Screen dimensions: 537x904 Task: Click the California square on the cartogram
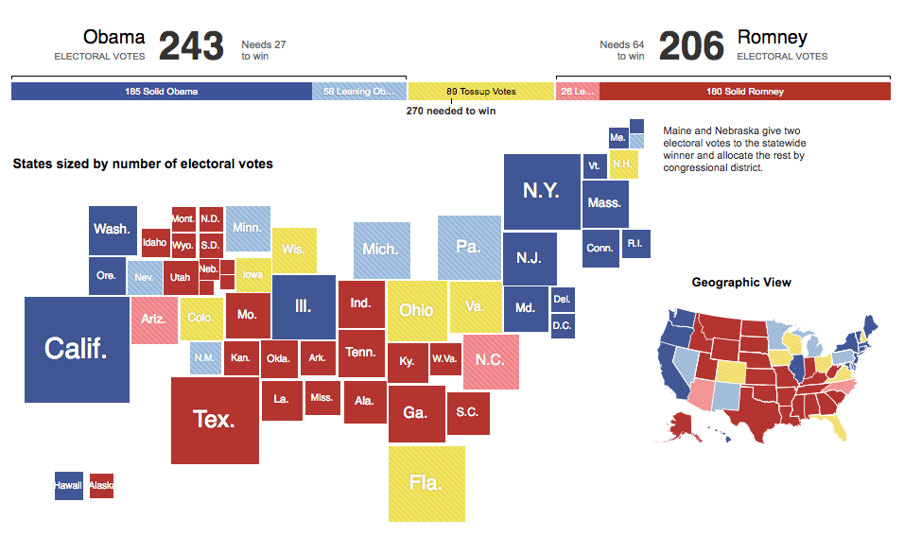pyautogui.click(x=77, y=349)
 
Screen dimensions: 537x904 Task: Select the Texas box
pyautogui.click(x=214, y=419)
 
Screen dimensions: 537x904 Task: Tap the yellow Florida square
pyautogui.click(x=426, y=482)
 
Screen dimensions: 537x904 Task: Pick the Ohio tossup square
pyautogui.click(x=416, y=310)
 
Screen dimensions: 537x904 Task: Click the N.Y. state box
pyautogui.click(x=541, y=190)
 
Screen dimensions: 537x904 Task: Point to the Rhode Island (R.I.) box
pyautogui.click(x=634, y=244)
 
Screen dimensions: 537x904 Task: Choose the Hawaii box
pyautogui.click(x=68, y=486)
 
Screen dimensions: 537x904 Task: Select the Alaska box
pyautogui.click(x=101, y=486)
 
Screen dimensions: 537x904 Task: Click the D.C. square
pyautogui.click(x=563, y=326)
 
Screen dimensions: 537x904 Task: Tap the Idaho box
pyautogui.click(x=155, y=243)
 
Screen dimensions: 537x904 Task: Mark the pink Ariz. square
pyautogui.click(x=153, y=319)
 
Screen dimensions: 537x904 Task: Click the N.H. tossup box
pyautogui.click(x=622, y=165)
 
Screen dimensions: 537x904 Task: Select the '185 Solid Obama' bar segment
pyautogui.click(x=162, y=92)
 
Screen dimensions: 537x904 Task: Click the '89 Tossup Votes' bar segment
pyautogui.click(x=480, y=92)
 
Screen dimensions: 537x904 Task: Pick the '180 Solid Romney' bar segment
pyautogui.click(x=745, y=92)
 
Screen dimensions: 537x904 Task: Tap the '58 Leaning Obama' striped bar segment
pyautogui.click(x=359, y=92)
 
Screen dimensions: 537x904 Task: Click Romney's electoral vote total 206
pyautogui.click(x=690, y=45)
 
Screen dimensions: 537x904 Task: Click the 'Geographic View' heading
pyautogui.click(x=741, y=282)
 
